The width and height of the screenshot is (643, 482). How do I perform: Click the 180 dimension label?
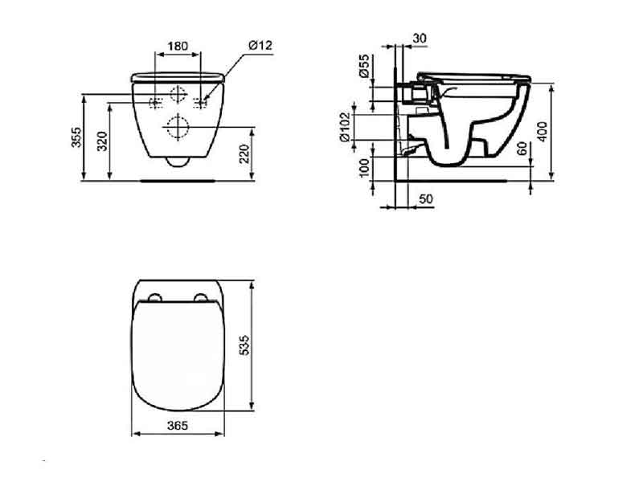coord(178,46)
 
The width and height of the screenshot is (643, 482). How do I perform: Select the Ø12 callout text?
coord(260,45)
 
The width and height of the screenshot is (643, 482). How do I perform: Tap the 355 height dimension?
coord(76,137)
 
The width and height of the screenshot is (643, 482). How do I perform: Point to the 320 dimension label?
coord(103,141)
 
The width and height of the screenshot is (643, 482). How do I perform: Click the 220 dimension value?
coord(245,153)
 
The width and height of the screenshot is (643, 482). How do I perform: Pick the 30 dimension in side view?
coord(420,38)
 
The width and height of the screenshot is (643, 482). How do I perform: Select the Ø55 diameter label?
coord(365,66)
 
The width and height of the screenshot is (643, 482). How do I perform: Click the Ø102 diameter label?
coord(346,127)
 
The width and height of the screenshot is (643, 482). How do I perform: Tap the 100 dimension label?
coord(364,168)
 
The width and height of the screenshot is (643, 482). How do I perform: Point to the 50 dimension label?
coord(426,198)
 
